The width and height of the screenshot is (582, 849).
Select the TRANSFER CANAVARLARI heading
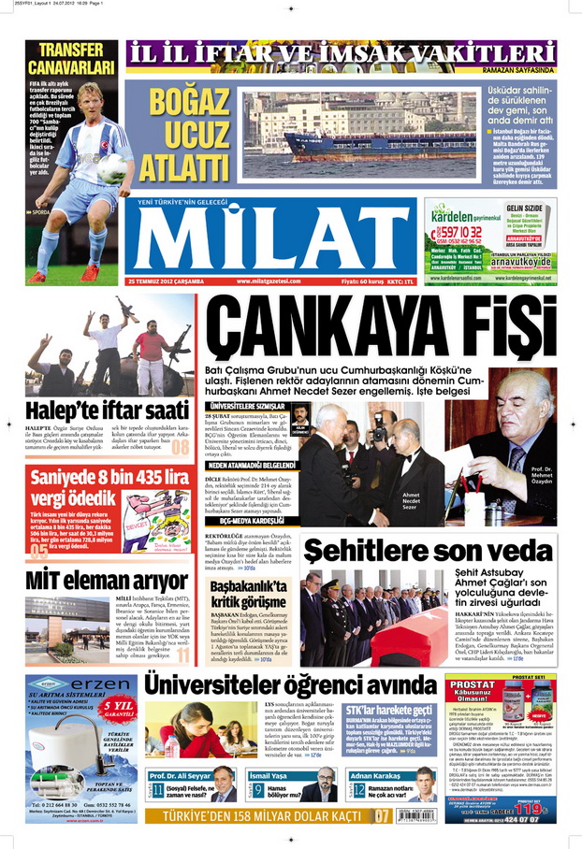click(70, 58)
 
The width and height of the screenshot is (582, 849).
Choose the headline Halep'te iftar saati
click(95, 410)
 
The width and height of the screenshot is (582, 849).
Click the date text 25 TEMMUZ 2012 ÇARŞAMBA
click(172, 281)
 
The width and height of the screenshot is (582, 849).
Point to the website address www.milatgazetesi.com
click(269, 281)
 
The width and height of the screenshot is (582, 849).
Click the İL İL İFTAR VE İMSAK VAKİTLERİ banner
click(342, 54)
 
